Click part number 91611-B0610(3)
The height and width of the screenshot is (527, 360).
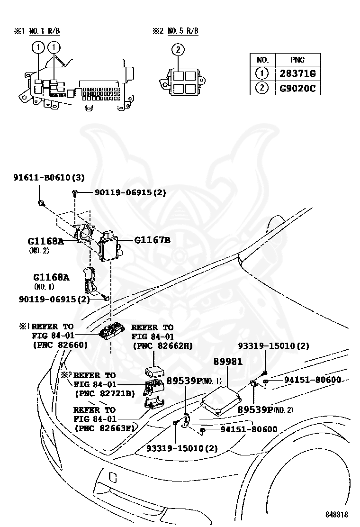48,178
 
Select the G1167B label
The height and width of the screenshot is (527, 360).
152,240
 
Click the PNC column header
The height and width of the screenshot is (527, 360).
297,60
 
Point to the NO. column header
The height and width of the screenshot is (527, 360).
262,60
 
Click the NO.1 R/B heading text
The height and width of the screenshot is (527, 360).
44,31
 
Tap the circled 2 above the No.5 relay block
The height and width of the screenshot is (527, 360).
178,49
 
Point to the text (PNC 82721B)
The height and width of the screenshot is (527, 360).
104,393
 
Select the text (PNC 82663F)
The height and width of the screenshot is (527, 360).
104,428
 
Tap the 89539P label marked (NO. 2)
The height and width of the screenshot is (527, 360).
258,409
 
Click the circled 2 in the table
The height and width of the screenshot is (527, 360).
262,88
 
